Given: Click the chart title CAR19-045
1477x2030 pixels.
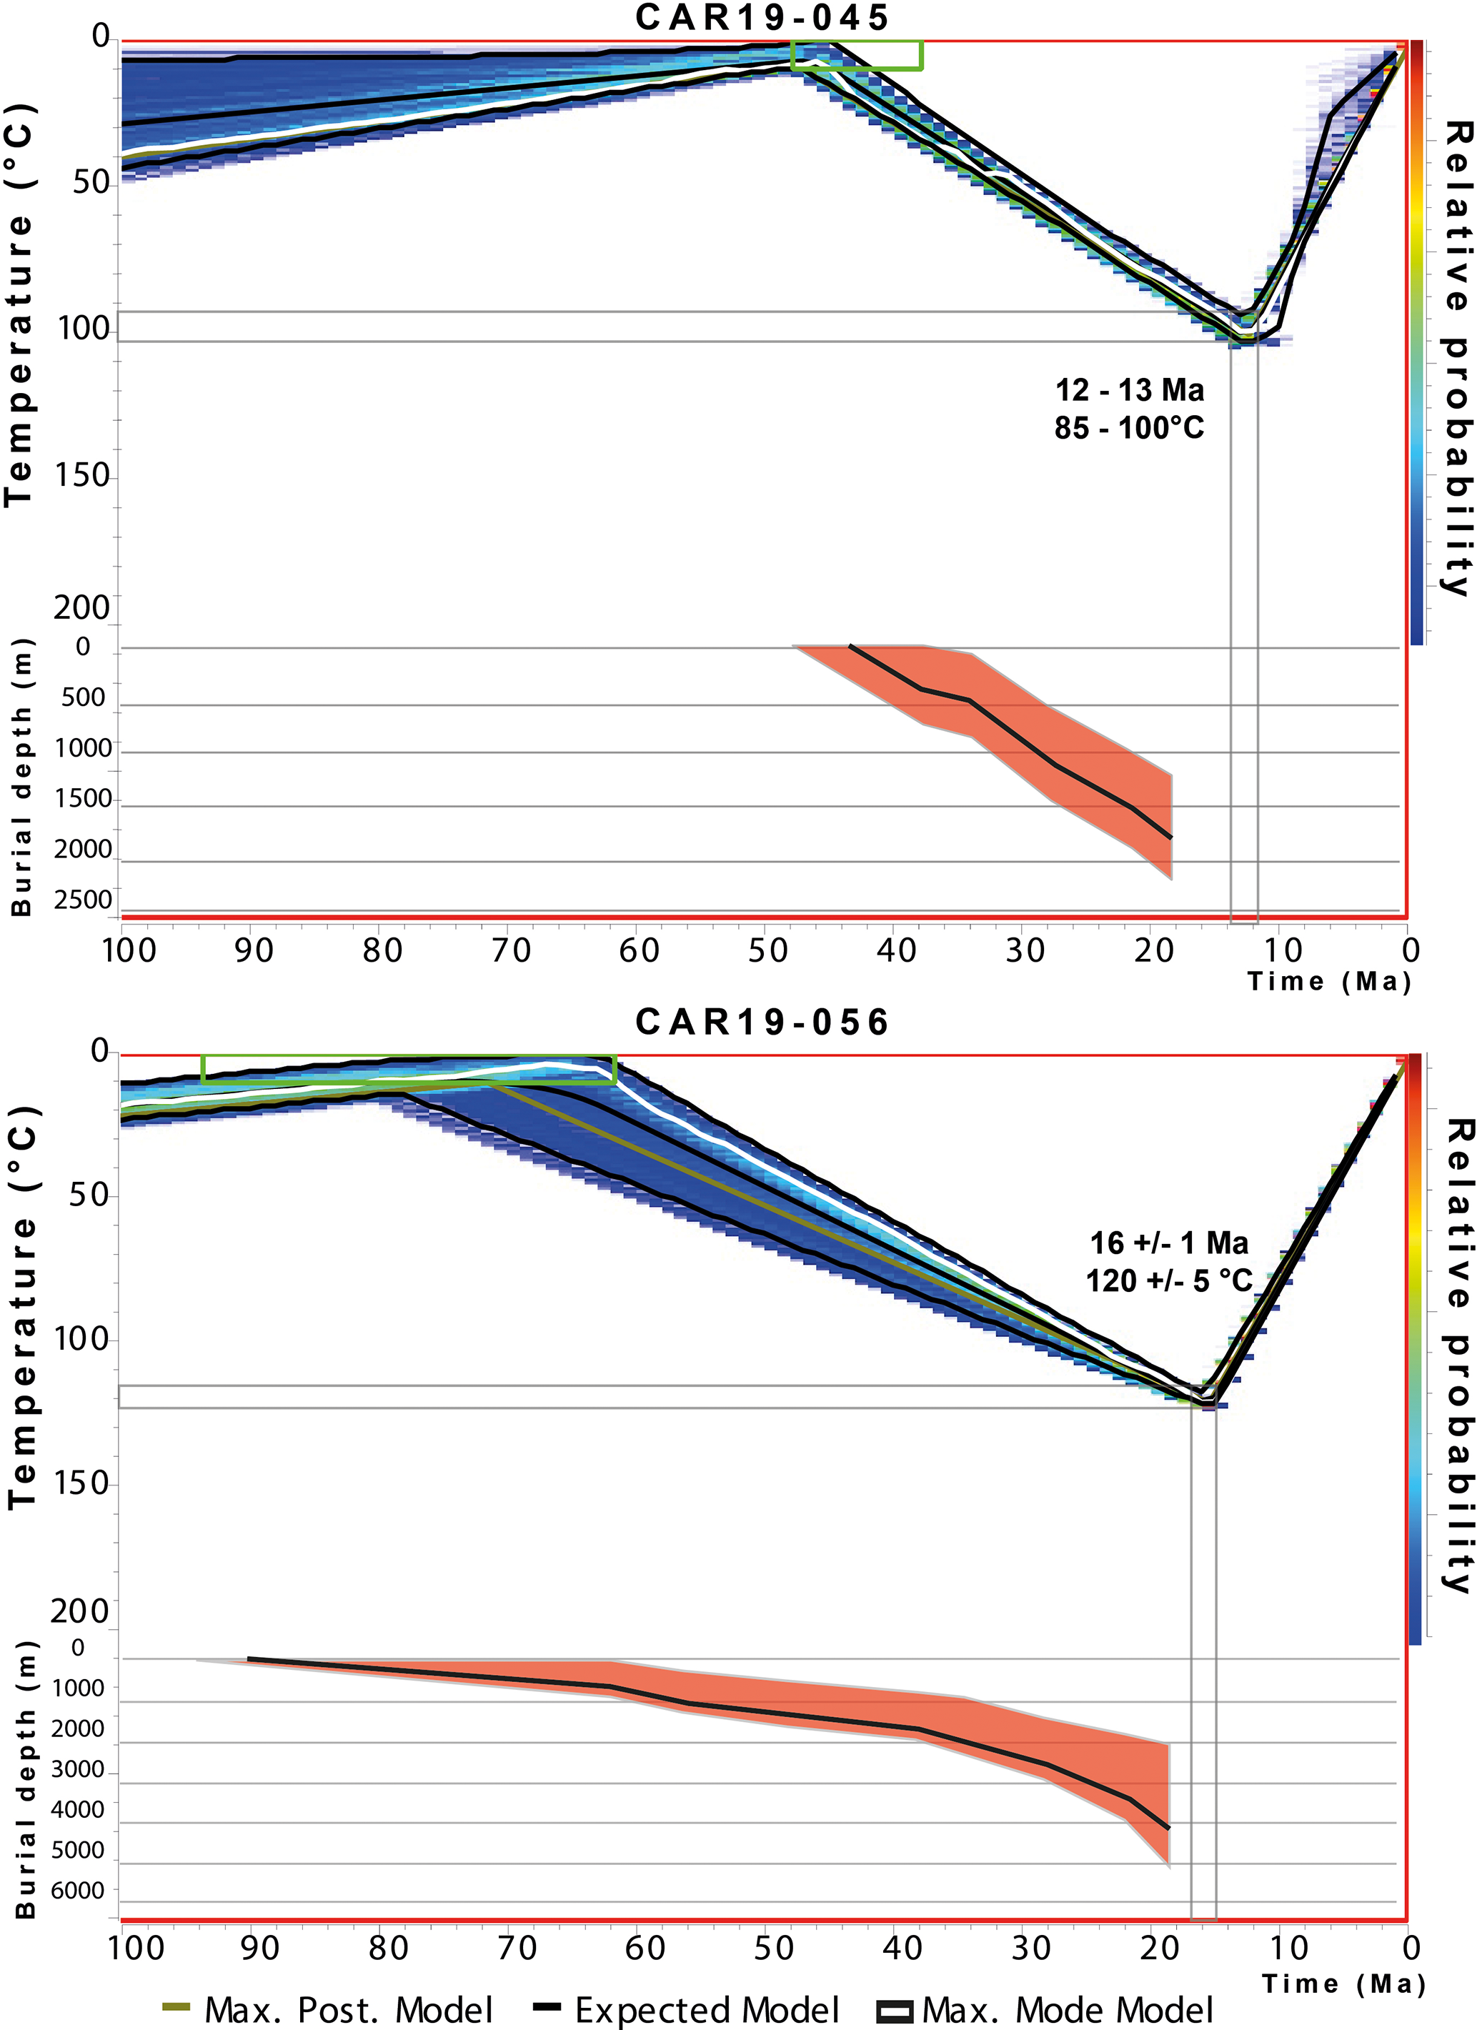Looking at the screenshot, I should pos(762,18).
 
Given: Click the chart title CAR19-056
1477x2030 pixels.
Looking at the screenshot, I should pos(762,1023).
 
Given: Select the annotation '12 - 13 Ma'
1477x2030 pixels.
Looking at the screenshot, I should pos(1129,390).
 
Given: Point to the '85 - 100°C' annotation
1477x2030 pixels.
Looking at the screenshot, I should pos(1129,428).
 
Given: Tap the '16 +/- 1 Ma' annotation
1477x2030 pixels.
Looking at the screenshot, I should pos(1168,1243).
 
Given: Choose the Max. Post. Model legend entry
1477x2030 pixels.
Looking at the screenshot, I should pos(327,2009).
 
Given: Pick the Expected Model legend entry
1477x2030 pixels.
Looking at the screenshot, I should pos(687,2009).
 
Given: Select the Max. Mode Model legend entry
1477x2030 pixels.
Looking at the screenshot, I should pos(1045,2009).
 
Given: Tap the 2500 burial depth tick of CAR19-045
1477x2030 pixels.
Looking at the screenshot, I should pos(84,900).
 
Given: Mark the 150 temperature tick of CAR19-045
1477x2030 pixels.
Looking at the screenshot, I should pos(82,474).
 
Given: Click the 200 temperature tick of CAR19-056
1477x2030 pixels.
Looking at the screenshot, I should pos(79,1611).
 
